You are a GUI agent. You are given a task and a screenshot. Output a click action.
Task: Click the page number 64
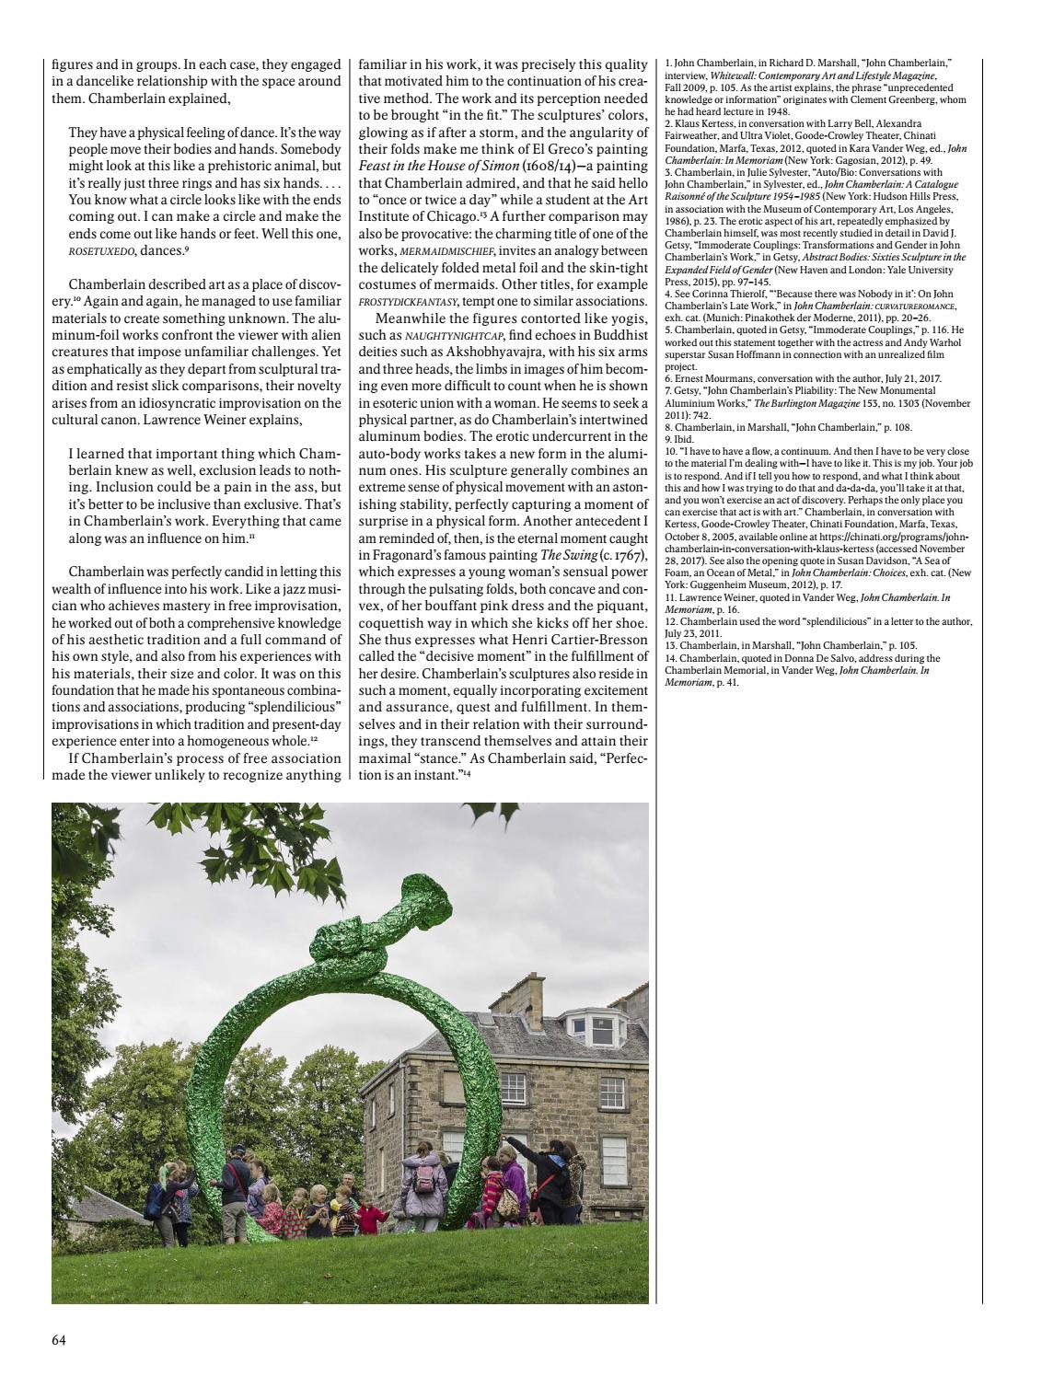[58, 1339]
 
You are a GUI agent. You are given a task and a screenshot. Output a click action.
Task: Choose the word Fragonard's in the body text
[407, 555]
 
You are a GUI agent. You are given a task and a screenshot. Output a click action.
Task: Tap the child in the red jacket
[370, 1218]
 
